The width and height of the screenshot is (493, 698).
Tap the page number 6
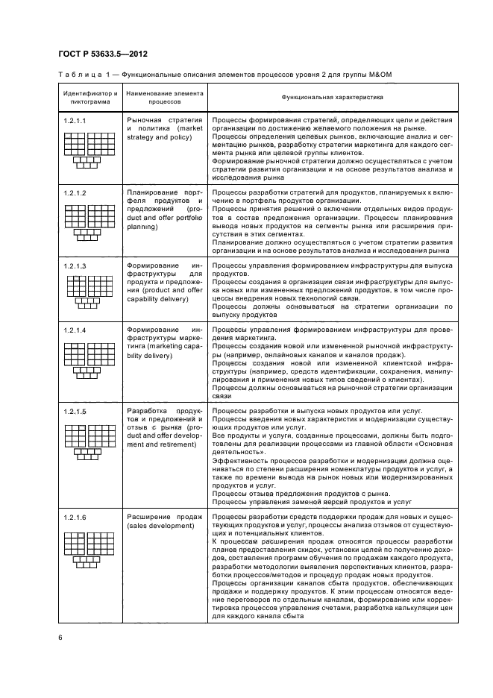click(60, 637)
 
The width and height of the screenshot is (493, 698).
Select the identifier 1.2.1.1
click(75, 120)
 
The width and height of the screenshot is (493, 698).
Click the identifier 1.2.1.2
click(75, 193)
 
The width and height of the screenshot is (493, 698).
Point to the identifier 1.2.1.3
click(75, 266)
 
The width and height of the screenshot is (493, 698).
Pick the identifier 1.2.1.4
click(75, 330)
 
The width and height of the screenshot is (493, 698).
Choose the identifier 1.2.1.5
click(75, 412)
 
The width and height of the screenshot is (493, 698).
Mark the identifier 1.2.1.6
click(75, 517)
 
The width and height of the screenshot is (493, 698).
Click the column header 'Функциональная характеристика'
click(332, 98)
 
